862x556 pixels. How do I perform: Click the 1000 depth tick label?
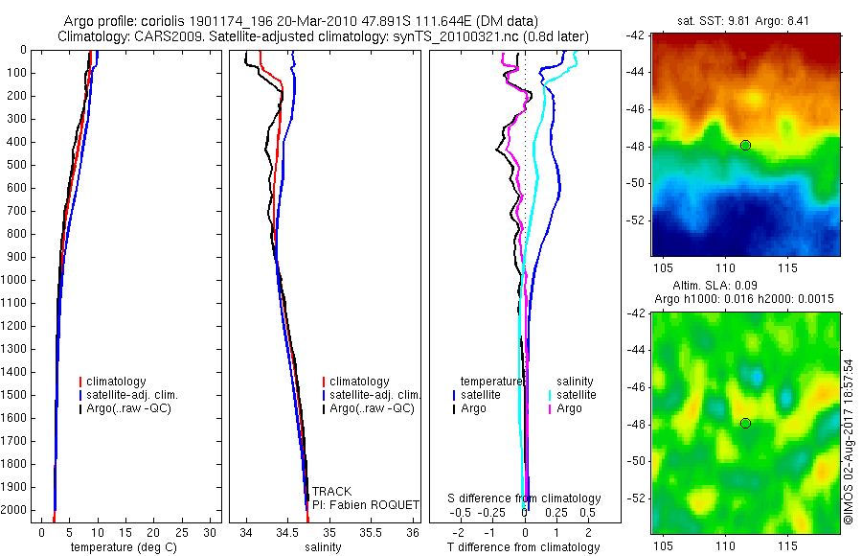coord(14,280)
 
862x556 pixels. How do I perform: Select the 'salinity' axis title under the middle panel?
coord(323,547)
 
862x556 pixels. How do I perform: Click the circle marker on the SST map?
coord(745,145)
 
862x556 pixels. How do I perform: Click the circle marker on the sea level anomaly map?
coord(745,423)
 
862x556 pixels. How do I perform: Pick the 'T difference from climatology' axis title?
coord(523,547)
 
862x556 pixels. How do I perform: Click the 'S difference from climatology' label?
coord(525,498)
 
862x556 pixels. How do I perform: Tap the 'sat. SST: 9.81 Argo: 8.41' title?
coord(745,21)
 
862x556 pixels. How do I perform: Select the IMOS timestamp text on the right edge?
coord(849,439)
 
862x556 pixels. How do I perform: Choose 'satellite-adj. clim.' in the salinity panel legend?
coord(374,395)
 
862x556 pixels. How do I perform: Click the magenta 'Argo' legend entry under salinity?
coord(569,408)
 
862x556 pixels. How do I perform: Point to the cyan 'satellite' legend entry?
coord(577,395)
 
